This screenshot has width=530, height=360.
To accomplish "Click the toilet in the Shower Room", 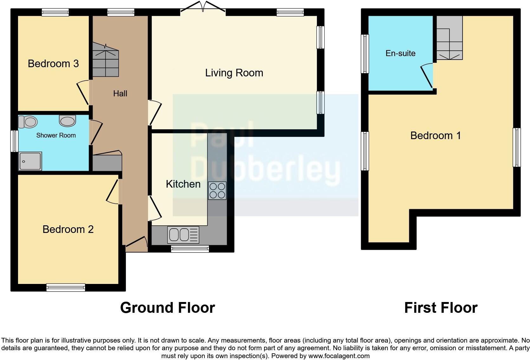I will [x=28, y=122].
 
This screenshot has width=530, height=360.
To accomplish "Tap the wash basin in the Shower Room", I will [x=67, y=121].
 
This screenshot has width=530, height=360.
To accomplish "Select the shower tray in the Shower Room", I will [x=30, y=161].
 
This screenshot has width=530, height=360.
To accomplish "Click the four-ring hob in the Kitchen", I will [x=217, y=190].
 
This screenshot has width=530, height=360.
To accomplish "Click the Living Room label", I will [x=234, y=73].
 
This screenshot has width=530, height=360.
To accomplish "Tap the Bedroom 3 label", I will [x=53, y=64].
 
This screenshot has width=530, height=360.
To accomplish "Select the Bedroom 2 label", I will [x=68, y=229].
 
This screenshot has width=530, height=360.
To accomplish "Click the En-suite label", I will [x=400, y=53].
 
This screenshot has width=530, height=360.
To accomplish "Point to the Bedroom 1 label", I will [x=436, y=136].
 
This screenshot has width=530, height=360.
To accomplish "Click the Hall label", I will [x=120, y=93].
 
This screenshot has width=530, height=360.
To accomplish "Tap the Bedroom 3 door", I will [x=83, y=93].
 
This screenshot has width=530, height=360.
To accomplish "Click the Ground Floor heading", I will [x=167, y=308].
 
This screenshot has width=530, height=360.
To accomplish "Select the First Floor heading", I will [x=441, y=308].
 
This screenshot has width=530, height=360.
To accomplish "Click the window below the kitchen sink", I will [x=190, y=249].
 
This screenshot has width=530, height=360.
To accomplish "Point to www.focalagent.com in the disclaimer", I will [x=339, y=356].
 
